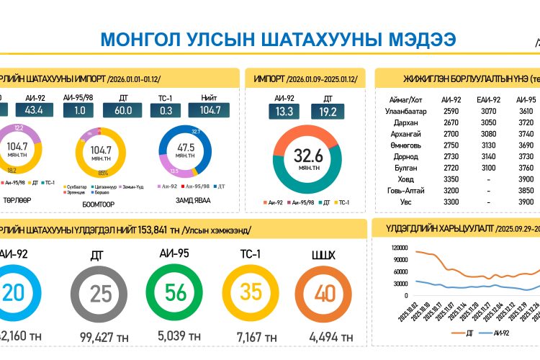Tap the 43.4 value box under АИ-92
34,110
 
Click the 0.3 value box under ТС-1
166,110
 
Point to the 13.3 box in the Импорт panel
284,111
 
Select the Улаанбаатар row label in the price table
407,112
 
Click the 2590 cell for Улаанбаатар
451,112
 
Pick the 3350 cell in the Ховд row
451,179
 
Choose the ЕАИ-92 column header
487,99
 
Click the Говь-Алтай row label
407,190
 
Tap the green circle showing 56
176,293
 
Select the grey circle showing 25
100,293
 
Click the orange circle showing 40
324,293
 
